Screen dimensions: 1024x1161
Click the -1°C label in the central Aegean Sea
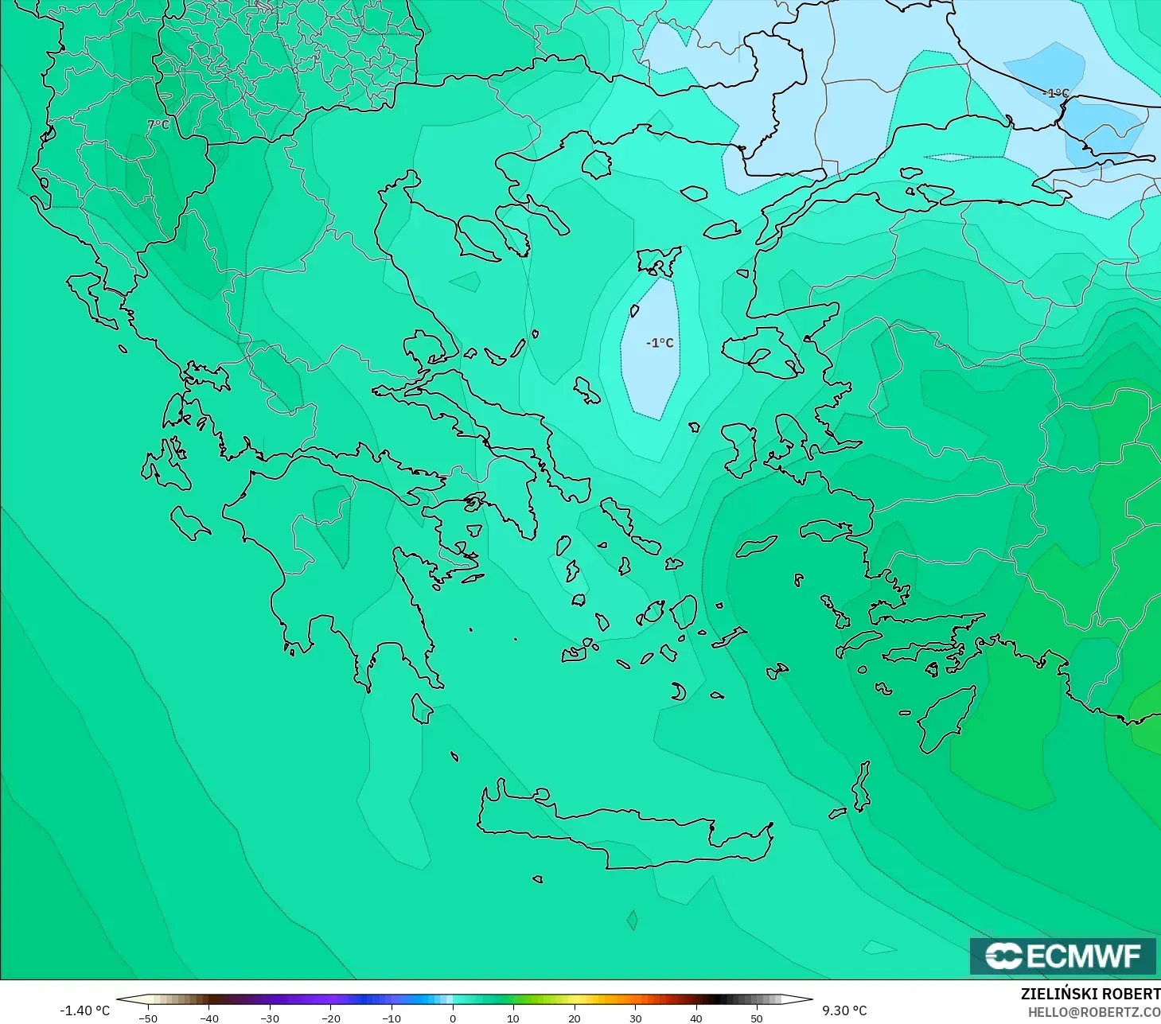tap(660, 343)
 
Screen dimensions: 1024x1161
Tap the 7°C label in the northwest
tap(158, 125)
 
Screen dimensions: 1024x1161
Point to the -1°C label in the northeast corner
tap(1056, 93)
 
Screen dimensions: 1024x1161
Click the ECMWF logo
tap(1062, 956)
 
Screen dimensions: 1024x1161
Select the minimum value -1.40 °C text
tap(85, 1010)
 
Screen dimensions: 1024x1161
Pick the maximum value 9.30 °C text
tap(844, 1010)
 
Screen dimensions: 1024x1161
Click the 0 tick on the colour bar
tap(452, 1018)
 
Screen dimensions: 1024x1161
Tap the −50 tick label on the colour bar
tap(147, 1018)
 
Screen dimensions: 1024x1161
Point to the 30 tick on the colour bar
tap(635, 1018)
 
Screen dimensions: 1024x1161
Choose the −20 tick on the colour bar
tap(330, 1018)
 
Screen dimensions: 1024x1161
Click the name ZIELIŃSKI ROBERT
tap(1090, 995)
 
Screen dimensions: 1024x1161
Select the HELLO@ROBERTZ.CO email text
tap(1093, 1012)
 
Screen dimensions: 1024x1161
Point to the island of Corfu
tap(90, 298)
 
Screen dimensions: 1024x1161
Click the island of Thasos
tap(596, 164)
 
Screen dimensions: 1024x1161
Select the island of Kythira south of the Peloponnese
tap(422, 708)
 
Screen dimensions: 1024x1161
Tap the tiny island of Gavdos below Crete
tap(538, 879)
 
